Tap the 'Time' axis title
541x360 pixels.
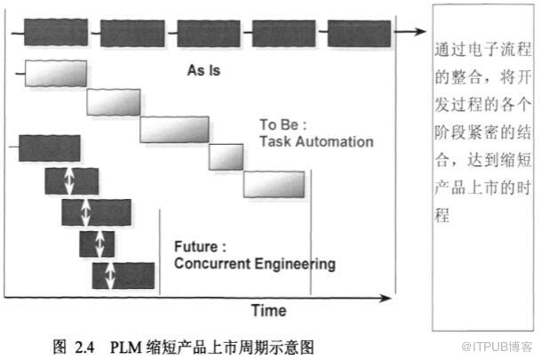(267, 310)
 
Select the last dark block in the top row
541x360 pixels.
(358, 33)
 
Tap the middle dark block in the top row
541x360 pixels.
(207, 33)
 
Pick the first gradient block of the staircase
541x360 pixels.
(55, 73)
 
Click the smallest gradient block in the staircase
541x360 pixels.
(226, 156)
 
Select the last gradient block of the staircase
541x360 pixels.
(274, 183)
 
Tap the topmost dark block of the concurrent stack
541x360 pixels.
(49, 148)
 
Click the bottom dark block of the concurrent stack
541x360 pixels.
(118, 276)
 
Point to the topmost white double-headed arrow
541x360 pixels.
(69, 180)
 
